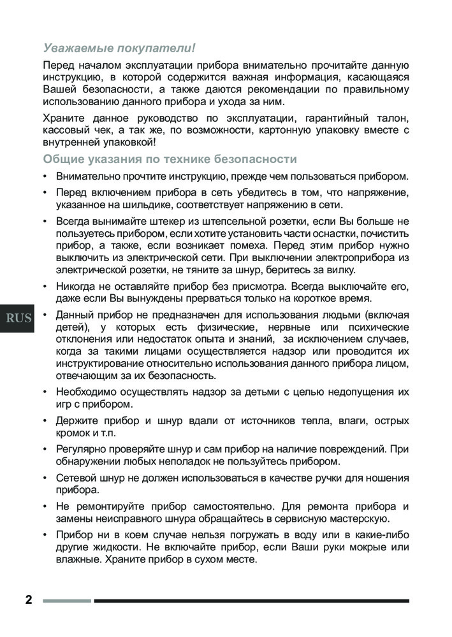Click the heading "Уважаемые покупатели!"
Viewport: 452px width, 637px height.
[x=119, y=48]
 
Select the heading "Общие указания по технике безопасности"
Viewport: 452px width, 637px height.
[x=170, y=159]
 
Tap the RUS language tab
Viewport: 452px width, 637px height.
[x=19, y=318]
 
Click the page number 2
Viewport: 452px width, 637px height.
[x=28, y=600]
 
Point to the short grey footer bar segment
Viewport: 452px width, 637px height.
[x=67, y=601]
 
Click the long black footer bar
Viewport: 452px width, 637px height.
[x=251, y=601]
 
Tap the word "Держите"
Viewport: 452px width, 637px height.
[x=75, y=421]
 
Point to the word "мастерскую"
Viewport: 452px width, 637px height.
[x=359, y=519]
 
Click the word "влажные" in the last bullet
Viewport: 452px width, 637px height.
[x=76, y=560]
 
